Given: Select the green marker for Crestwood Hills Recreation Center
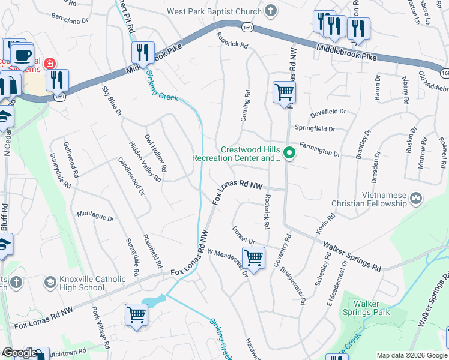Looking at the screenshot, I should pos(289,154).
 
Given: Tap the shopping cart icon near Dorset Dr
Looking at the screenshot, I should pos(254,259).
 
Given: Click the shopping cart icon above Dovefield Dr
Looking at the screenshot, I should pos(284,93).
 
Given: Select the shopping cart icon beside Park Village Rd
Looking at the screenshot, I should pos(137,314).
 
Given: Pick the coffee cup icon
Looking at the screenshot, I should pos(22,55).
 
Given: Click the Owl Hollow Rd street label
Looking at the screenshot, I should pos(156,157).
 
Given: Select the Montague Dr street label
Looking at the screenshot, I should pos(95,216).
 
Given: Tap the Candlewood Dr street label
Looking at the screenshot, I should pos(131,176).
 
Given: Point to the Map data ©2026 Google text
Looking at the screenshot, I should pos(411,355).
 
